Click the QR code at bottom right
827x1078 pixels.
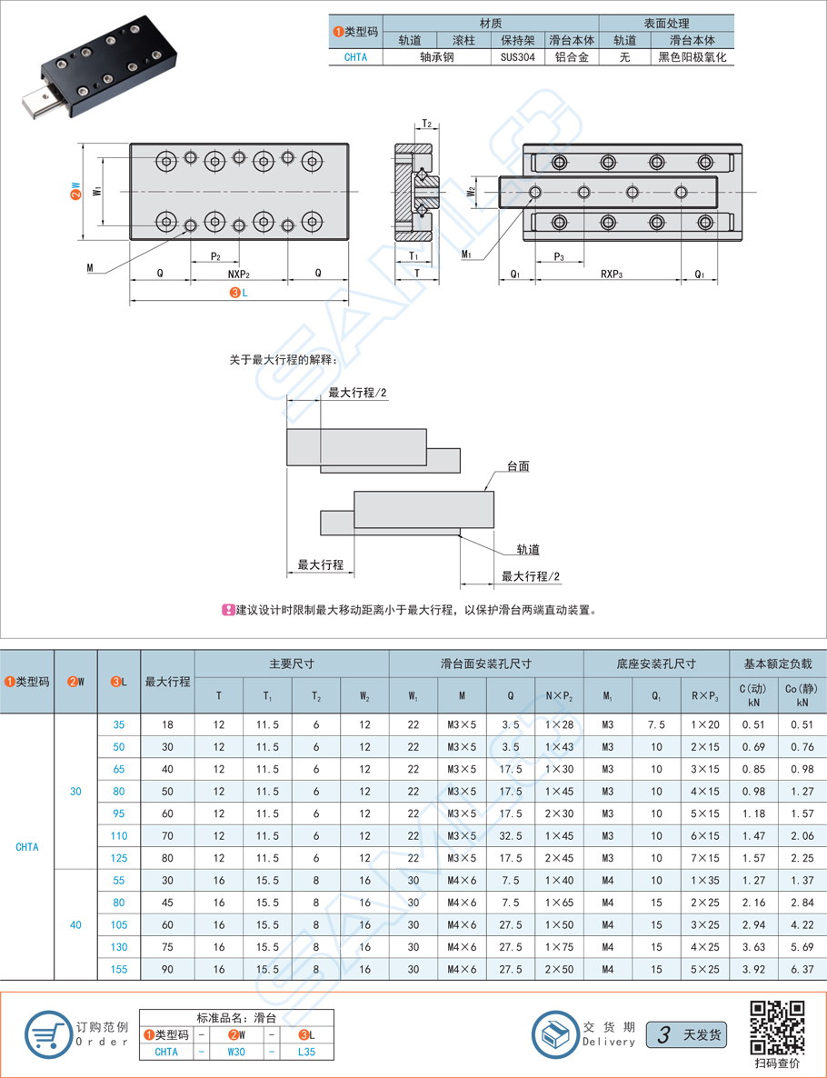tap(777, 1026)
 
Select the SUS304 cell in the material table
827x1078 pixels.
tap(517, 56)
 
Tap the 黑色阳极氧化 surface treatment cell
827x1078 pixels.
tap(692, 56)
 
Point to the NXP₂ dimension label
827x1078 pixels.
tap(238, 273)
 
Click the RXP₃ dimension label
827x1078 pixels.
tap(612, 273)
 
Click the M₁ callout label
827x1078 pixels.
tap(465, 255)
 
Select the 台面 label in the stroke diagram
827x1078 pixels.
tap(518, 466)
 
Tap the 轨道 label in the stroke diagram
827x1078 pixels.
tap(528, 549)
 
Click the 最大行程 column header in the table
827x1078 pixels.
tap(167, 681)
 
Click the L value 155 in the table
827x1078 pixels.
tap(119, 969)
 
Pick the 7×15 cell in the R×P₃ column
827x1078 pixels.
tap(704, 858)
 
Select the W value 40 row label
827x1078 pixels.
tap(75, 924)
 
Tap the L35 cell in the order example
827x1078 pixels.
tap(307, 1052)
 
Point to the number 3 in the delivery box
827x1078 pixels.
tap(664, 1034)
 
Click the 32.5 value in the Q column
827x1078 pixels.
tap(510, 835)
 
